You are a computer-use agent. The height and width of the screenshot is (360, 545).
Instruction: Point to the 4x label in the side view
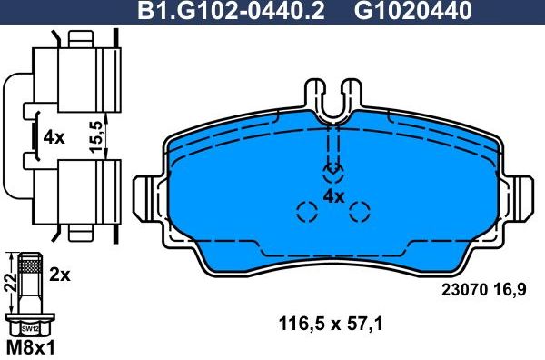pos(54,137)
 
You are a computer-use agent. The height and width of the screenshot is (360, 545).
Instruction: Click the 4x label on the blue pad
pos(334,195)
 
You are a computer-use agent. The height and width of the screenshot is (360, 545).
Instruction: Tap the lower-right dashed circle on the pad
pos(361,213)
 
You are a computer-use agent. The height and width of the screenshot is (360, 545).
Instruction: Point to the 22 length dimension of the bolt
pos(9,283)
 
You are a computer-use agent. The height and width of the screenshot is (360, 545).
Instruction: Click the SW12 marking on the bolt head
pos(30,327)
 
